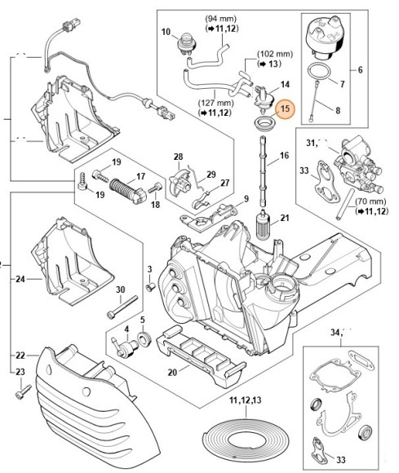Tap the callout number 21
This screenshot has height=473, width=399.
tap(285, 217)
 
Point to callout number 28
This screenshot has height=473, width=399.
tap(178, 156)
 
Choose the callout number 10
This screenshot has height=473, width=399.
tap(164, 33)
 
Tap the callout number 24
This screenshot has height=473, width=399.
tap(20, 279)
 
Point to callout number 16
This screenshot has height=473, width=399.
tap(284, 155)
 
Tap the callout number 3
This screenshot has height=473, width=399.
tap(149, 269)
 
